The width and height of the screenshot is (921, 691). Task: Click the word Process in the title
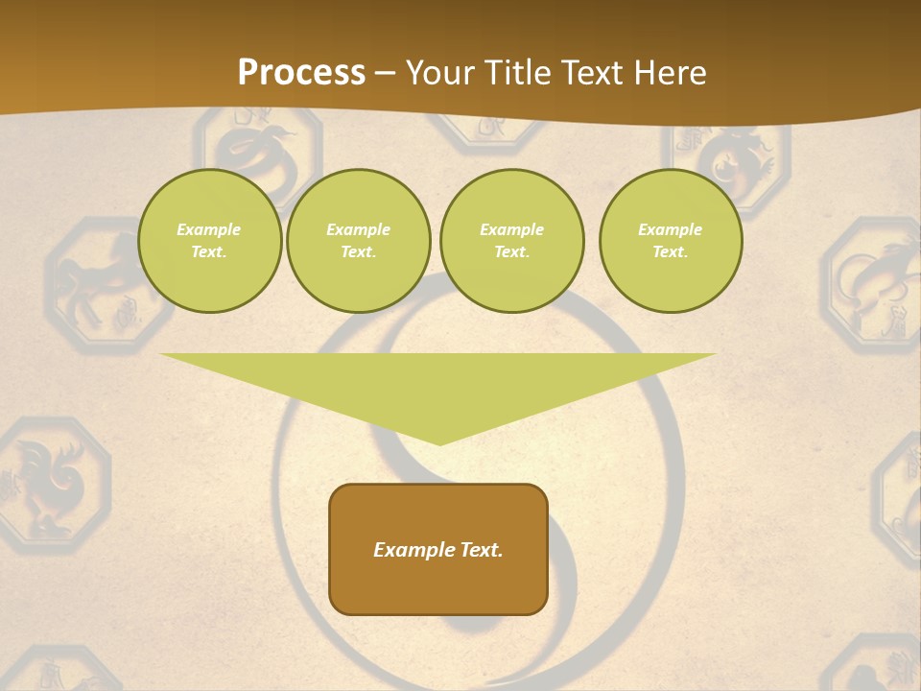[301, 73]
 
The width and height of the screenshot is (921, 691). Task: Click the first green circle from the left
[209, 241]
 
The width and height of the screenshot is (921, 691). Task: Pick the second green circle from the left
[358, 241]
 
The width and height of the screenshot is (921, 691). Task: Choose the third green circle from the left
[511, 241]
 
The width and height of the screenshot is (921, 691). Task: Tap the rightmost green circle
[670, 241]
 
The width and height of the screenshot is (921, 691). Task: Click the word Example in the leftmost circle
[209, 229]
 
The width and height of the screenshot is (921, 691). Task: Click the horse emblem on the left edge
[91, 286]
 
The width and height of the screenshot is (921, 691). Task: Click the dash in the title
[385, 73]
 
